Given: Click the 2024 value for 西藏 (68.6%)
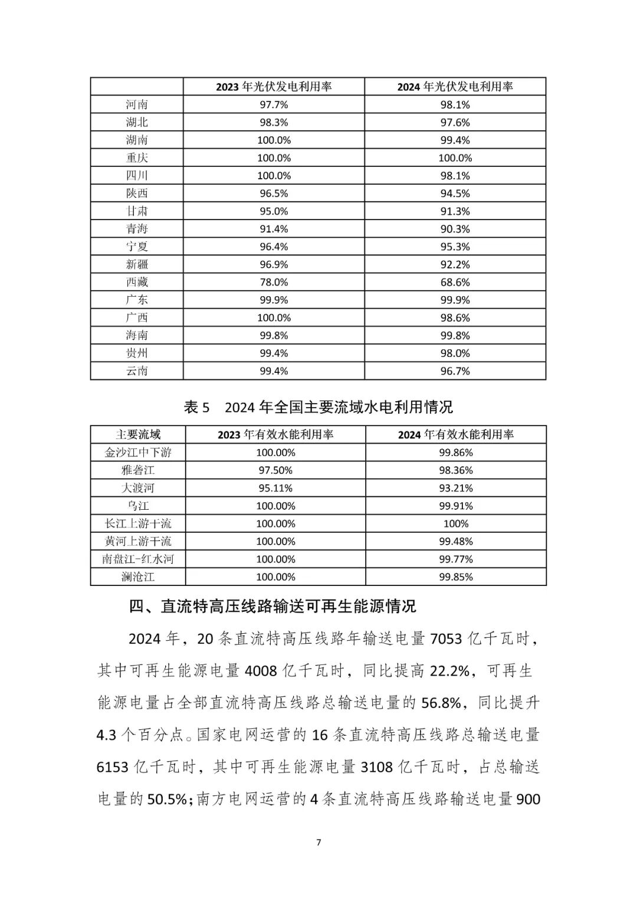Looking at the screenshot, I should [x=455, y=282].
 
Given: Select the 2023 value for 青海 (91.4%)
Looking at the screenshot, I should [x=274, y=229].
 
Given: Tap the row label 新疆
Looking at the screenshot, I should [x=137, y=264].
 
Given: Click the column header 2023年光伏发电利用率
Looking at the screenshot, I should [x=274, y=87].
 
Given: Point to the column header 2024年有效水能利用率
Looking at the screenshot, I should [x=455, y=435].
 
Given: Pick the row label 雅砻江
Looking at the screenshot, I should [x=138, y=470].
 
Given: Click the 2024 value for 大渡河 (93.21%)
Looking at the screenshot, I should [x=455, y=488].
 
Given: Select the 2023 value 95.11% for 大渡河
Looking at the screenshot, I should [x=275, y=488].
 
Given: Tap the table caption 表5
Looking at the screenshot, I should [x=197, y=407].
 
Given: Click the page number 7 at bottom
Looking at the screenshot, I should [x=318, y=842].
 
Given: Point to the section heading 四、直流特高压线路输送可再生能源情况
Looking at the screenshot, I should [x=272, y=606].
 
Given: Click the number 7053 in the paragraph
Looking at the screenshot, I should [x=446, y=639].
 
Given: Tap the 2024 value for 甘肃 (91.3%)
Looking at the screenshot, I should [x=455, y=211].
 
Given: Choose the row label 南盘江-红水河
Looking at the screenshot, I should [x=138, y=559].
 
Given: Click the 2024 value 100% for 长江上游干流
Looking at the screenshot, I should [x=455, y=523].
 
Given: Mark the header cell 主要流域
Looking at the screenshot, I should [x=138, y=435].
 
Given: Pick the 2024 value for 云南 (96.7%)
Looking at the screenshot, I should [x=455, y=371].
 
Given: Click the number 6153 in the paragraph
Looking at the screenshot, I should [x=112, y=766].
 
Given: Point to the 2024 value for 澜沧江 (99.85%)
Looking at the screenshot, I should [x=455, y=576].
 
